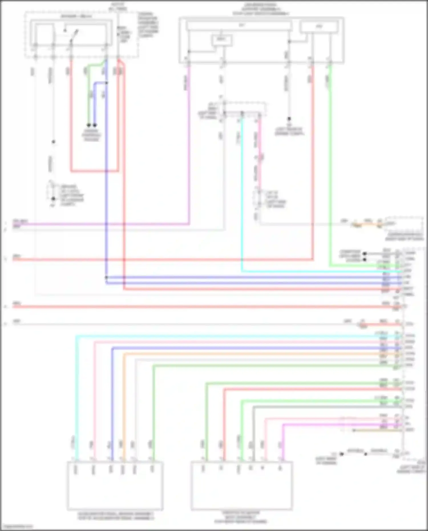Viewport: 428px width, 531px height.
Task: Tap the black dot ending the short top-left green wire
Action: point(89,125)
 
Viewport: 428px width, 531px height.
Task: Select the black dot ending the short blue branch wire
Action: point(95,125)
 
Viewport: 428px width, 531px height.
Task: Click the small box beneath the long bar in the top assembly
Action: point(221,40)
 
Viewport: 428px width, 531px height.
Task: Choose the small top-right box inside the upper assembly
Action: point(319,27)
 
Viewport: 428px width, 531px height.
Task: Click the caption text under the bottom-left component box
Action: point(115,516)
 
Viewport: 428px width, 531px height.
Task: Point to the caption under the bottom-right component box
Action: point(241,517)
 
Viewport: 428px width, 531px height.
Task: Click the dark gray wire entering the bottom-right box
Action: point(253,434)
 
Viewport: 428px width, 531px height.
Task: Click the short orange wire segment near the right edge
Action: point(368,225)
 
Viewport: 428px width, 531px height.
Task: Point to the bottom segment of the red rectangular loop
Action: point(94,171)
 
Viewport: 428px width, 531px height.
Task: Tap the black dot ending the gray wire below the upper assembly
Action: point(289,119)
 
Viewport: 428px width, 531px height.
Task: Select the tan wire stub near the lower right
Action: point(377,430)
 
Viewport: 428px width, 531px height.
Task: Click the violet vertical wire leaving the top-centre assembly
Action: point(189,143)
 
